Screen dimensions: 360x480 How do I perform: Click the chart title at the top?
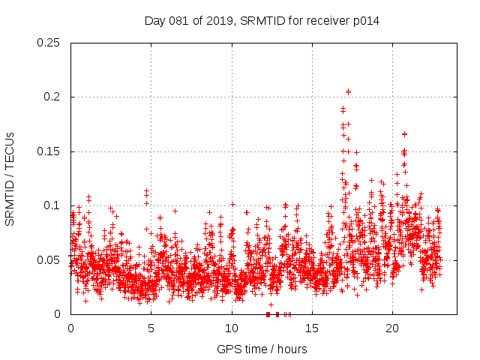(262, 20)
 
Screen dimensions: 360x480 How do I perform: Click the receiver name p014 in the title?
(365, 20)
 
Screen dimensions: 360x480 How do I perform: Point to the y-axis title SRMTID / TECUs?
(10, 178)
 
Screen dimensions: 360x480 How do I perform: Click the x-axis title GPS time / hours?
(262, 349)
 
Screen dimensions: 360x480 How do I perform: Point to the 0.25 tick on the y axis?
(49, 43)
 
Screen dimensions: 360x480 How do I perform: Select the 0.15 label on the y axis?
(49, 151)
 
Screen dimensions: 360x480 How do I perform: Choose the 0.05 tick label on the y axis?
(49, 259)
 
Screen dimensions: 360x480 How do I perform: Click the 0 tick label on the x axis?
(70, 328)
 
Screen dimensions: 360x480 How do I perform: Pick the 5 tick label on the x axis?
(151, 328)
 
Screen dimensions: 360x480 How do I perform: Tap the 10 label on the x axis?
(232, 328)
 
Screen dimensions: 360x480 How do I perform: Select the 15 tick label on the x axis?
(312, 328)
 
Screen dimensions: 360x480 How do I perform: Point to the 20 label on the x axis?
(392, 328)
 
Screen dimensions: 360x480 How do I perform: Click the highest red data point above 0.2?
(348, 91)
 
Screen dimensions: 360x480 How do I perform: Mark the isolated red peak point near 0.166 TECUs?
(404, 134)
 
